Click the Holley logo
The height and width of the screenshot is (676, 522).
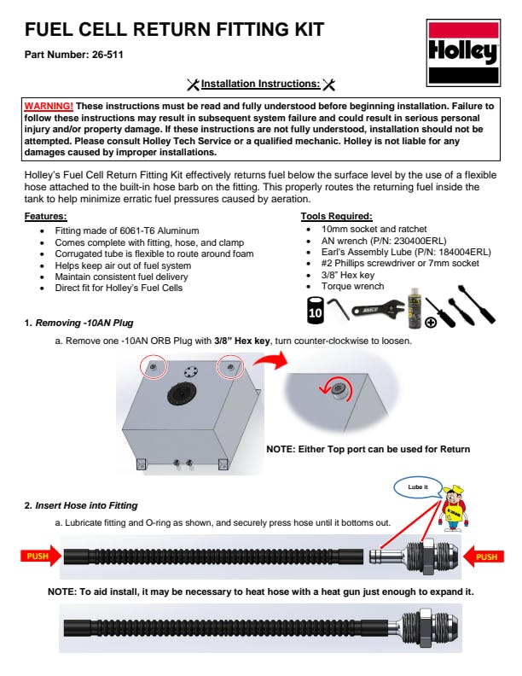coord(462,53)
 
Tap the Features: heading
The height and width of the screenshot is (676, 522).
coord(45,217)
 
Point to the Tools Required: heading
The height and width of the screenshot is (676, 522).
coord(336,217)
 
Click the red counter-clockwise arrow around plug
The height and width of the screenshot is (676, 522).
coord(329,391)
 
